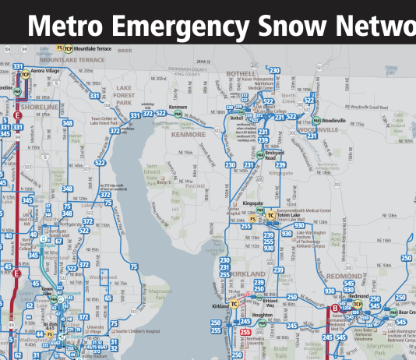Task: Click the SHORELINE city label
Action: pos(39,106)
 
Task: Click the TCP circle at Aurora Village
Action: pos(25,75)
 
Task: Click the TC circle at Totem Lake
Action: pos(270,216)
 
